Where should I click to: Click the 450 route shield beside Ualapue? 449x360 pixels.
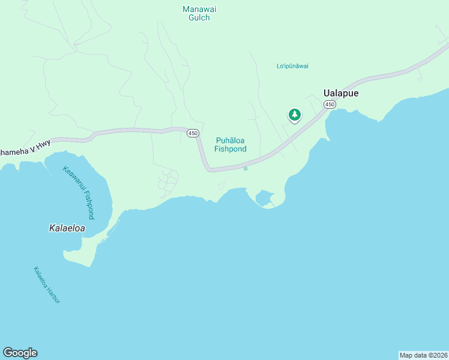pyautogui.click(x=330, y=104)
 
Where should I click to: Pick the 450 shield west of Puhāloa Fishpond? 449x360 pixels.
pyautogui.click(x=192, y=133)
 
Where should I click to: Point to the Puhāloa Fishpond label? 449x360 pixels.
pyautogui.click(x=231, y=145)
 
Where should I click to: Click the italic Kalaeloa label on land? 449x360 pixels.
pyautogui.click(x=67, y=228)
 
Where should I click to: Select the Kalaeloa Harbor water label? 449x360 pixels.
pyautogui.click(x=47, y=284)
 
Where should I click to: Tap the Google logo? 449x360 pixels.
pyautogui.click(x=20, y=353)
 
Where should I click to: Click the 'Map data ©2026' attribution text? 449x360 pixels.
pyautogui.click(x=423, y=355)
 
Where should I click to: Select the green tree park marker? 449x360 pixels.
pyautogui.click(x=294, y=115)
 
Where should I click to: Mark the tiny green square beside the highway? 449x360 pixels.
pyautogui.click(x=246, y=168)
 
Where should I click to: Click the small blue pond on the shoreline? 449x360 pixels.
pyautogui.click(x=264, y=197)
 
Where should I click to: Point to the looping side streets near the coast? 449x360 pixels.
pyautogui.click(x=169, y=182)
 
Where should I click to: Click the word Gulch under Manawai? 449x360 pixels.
pyautogui.click(x=199, y=18)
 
